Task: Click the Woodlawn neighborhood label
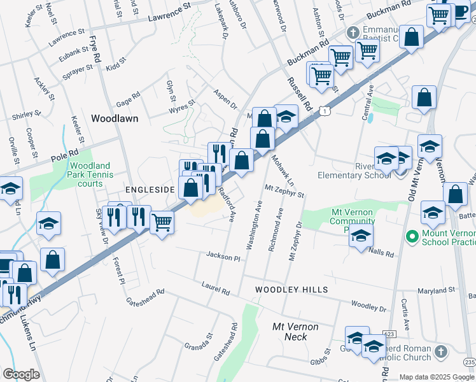pos(115,118)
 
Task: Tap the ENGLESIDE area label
pos(150,190)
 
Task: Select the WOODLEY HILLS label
pos(291,290)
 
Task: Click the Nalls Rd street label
pos(381,253)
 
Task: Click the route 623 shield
pos(389,333)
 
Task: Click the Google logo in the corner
pos(20,374)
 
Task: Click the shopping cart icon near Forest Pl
pos(162,223)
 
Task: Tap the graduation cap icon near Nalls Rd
pos(361,236)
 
